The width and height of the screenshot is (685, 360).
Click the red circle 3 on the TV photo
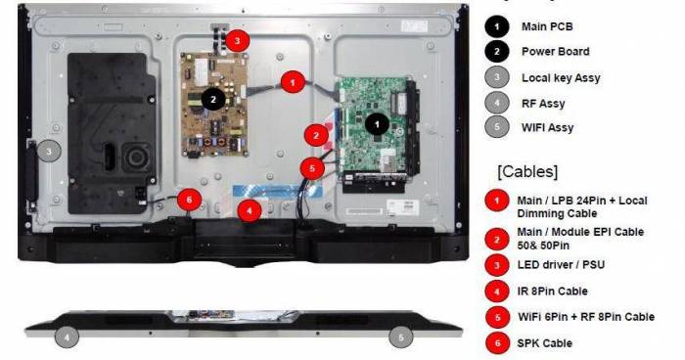tap(237, 41)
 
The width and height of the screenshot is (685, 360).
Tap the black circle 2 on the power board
tap(213, 100)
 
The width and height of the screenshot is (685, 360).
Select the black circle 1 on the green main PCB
tap(377, 124)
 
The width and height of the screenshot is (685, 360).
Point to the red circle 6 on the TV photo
tap(189, 201)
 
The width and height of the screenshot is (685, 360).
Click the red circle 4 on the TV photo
tap(250, 210)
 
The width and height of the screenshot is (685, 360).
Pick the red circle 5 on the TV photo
tap(312, 168)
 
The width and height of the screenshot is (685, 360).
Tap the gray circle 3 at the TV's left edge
tap(49, 152)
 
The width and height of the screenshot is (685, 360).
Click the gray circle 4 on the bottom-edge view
tap(67, 337)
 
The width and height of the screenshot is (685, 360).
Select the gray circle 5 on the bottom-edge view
tap(401, 337)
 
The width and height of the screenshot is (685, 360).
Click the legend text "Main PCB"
tap(547, 26)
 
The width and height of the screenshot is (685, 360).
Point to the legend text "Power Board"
tap(555, 52)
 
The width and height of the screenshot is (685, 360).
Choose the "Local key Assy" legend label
tap(561, 78)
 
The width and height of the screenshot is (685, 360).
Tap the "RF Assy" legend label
tap(543, 104)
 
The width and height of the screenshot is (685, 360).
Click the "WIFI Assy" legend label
tap(547, 128)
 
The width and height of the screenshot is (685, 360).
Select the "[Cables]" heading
tap(527, 171)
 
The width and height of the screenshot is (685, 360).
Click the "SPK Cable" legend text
tap(544, 343)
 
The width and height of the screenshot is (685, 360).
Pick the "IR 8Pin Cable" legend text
tap(552, 292)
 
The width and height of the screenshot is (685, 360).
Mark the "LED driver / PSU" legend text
tap(561, 265)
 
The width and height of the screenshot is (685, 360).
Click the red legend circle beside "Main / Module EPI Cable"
tap(497, 240)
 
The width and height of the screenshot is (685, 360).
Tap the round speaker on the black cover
tap(136, 157)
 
